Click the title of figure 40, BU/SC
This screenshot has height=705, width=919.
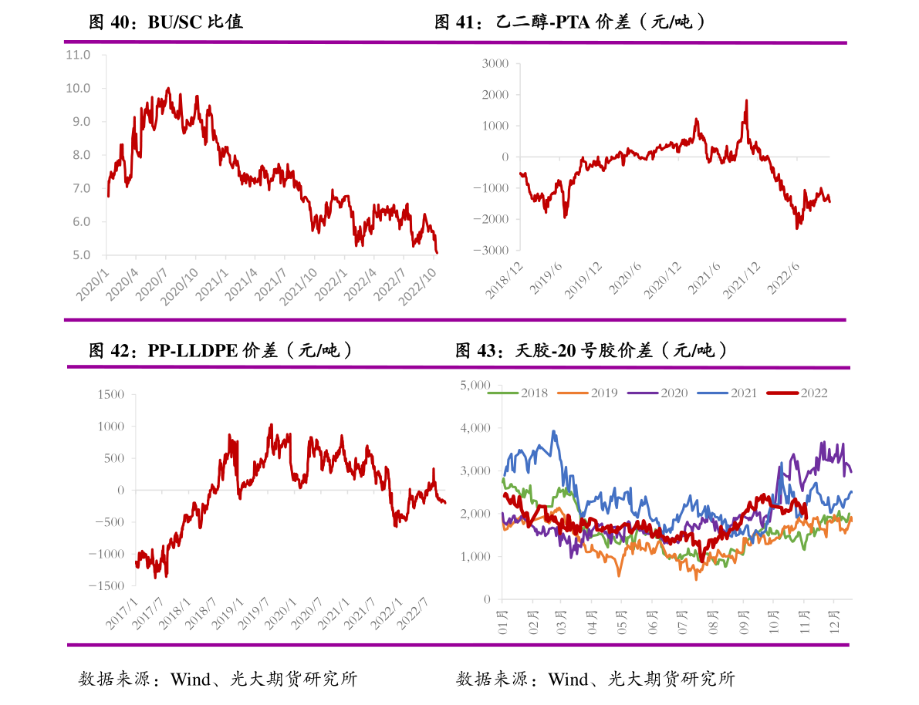pyautogui.click(x=166, y=22)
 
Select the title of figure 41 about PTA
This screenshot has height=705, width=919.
pyautogui.click(x=570, y=22)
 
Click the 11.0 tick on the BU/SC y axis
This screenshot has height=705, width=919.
pyautogui.click(x=78, y=56)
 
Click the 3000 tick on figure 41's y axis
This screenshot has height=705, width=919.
pyautogui.click(x=495, y=63)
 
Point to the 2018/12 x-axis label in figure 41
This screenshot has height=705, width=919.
pyautogui.click(x=505, y=279)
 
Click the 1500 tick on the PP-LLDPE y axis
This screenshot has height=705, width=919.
pyautogui.click(x=111, y=394)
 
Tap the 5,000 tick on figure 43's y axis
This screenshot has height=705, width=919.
pyautogui.click(x=475, y=384)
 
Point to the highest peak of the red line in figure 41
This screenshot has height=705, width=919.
pyautogui.click(x=746, y=100)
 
